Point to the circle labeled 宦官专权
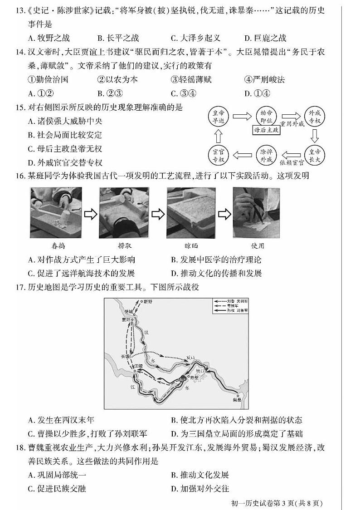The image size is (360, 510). click(219, 155)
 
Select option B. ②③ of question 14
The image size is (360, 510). click(108, 93)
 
